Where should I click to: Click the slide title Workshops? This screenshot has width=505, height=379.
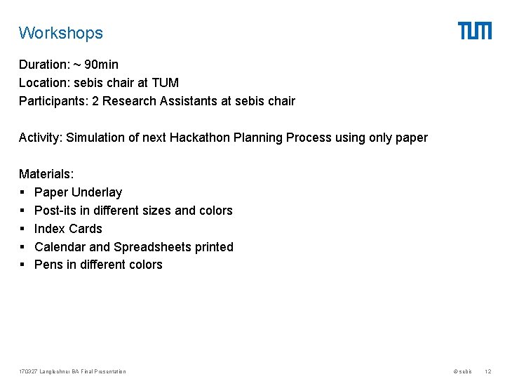[61, 33]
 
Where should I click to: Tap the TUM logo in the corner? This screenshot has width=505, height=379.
[475, 31]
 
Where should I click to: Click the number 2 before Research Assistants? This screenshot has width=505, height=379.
[105, 101]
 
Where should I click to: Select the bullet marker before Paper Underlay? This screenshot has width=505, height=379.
[22, 192]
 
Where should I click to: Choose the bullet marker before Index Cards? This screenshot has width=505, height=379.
[22, 229]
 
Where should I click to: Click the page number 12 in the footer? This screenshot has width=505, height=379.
[488, 371]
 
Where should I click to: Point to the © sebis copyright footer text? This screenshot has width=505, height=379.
[463, 371]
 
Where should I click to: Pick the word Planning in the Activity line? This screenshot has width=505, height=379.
[309, 138]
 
